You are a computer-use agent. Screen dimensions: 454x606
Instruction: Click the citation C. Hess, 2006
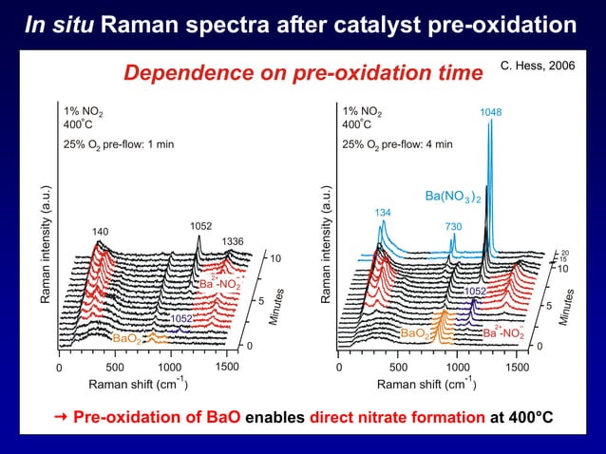[x=537, y=66]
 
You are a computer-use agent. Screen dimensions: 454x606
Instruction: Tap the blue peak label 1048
[x=491, y=112]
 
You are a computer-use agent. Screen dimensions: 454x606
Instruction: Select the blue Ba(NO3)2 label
[x=453, y=197]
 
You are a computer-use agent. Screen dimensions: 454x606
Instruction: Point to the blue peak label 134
[x=383, y=212]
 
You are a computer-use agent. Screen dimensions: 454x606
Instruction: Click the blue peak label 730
[x=453, y=226]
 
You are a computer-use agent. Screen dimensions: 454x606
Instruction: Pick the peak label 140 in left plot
[x=100, y=231]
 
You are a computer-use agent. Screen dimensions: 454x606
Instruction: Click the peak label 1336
[x=234, y=241]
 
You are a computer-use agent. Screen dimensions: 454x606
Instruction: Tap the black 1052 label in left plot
[x=200, y=226]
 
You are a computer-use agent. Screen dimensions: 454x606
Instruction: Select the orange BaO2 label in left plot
[x=126, y=338]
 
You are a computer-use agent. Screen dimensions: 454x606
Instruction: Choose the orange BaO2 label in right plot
[x=414, y=333]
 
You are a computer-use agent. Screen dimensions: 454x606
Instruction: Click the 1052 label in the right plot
[x=476, y=291]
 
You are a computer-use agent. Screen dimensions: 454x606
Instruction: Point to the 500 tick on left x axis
[x=114, y=367]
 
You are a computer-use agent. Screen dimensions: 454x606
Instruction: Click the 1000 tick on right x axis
[x=458, y=367]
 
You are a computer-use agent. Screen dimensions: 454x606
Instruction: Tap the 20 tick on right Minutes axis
[x=564, y=252]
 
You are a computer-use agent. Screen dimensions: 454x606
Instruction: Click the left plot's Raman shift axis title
[x=138, y=384]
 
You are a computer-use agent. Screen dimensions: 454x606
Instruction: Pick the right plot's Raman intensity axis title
[x=326, y=252]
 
